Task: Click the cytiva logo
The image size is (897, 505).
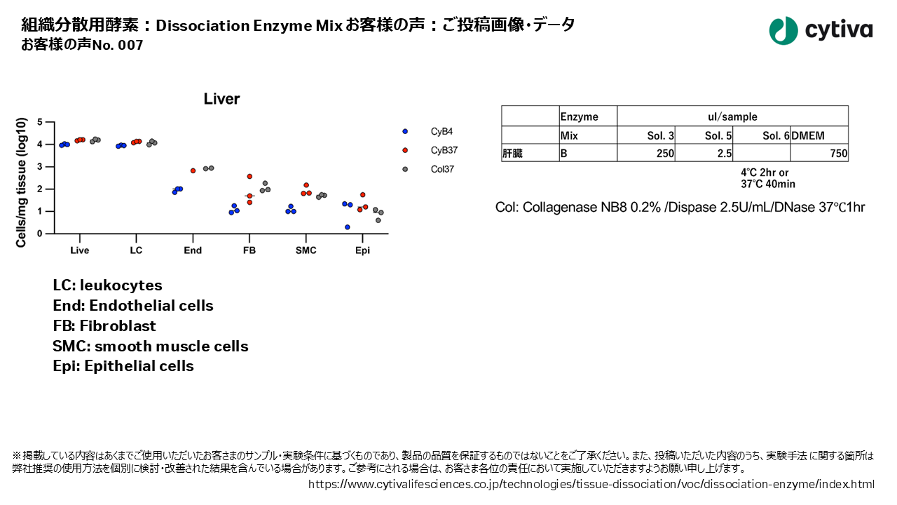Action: point(821,30)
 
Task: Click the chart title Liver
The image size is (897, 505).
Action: point(221,99)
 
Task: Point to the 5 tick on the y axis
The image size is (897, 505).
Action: point(41,122)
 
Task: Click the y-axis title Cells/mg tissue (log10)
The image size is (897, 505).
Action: point(21,182)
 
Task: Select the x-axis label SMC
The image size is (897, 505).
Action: point(306,250)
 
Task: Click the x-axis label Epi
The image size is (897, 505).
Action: point(362,250)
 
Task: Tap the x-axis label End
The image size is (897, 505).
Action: point(193,250)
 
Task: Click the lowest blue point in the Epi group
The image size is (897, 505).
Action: point(348,227)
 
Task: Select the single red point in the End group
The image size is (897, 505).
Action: point(193,170)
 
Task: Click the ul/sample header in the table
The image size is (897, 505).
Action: point(732,116)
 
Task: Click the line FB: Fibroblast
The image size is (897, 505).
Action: point(104,326)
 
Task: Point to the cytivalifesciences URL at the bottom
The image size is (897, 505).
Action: point(591,484)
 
